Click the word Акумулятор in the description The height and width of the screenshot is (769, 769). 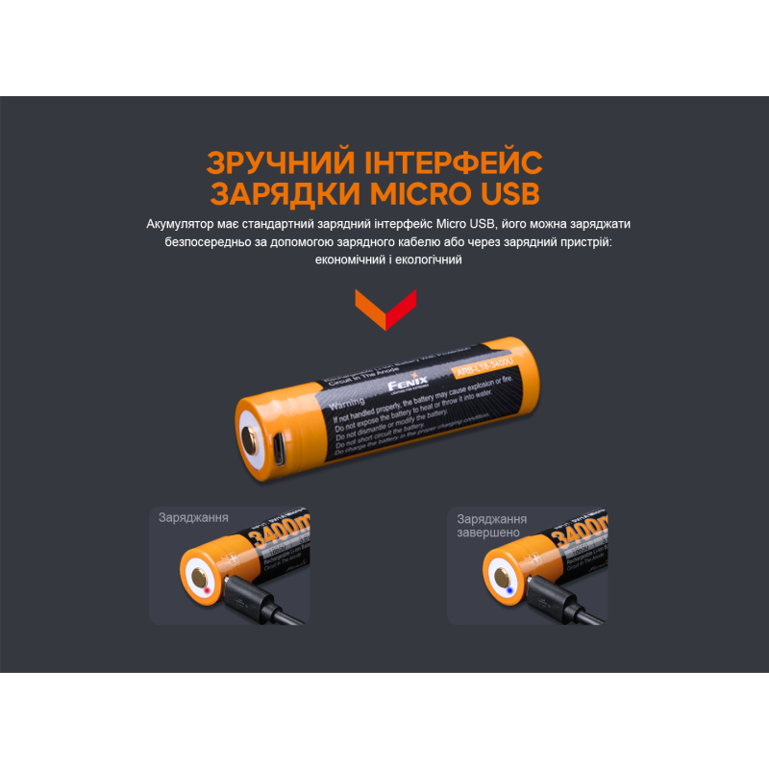185,224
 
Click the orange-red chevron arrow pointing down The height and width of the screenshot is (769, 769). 384,308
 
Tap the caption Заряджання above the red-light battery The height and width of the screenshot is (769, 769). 193,517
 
